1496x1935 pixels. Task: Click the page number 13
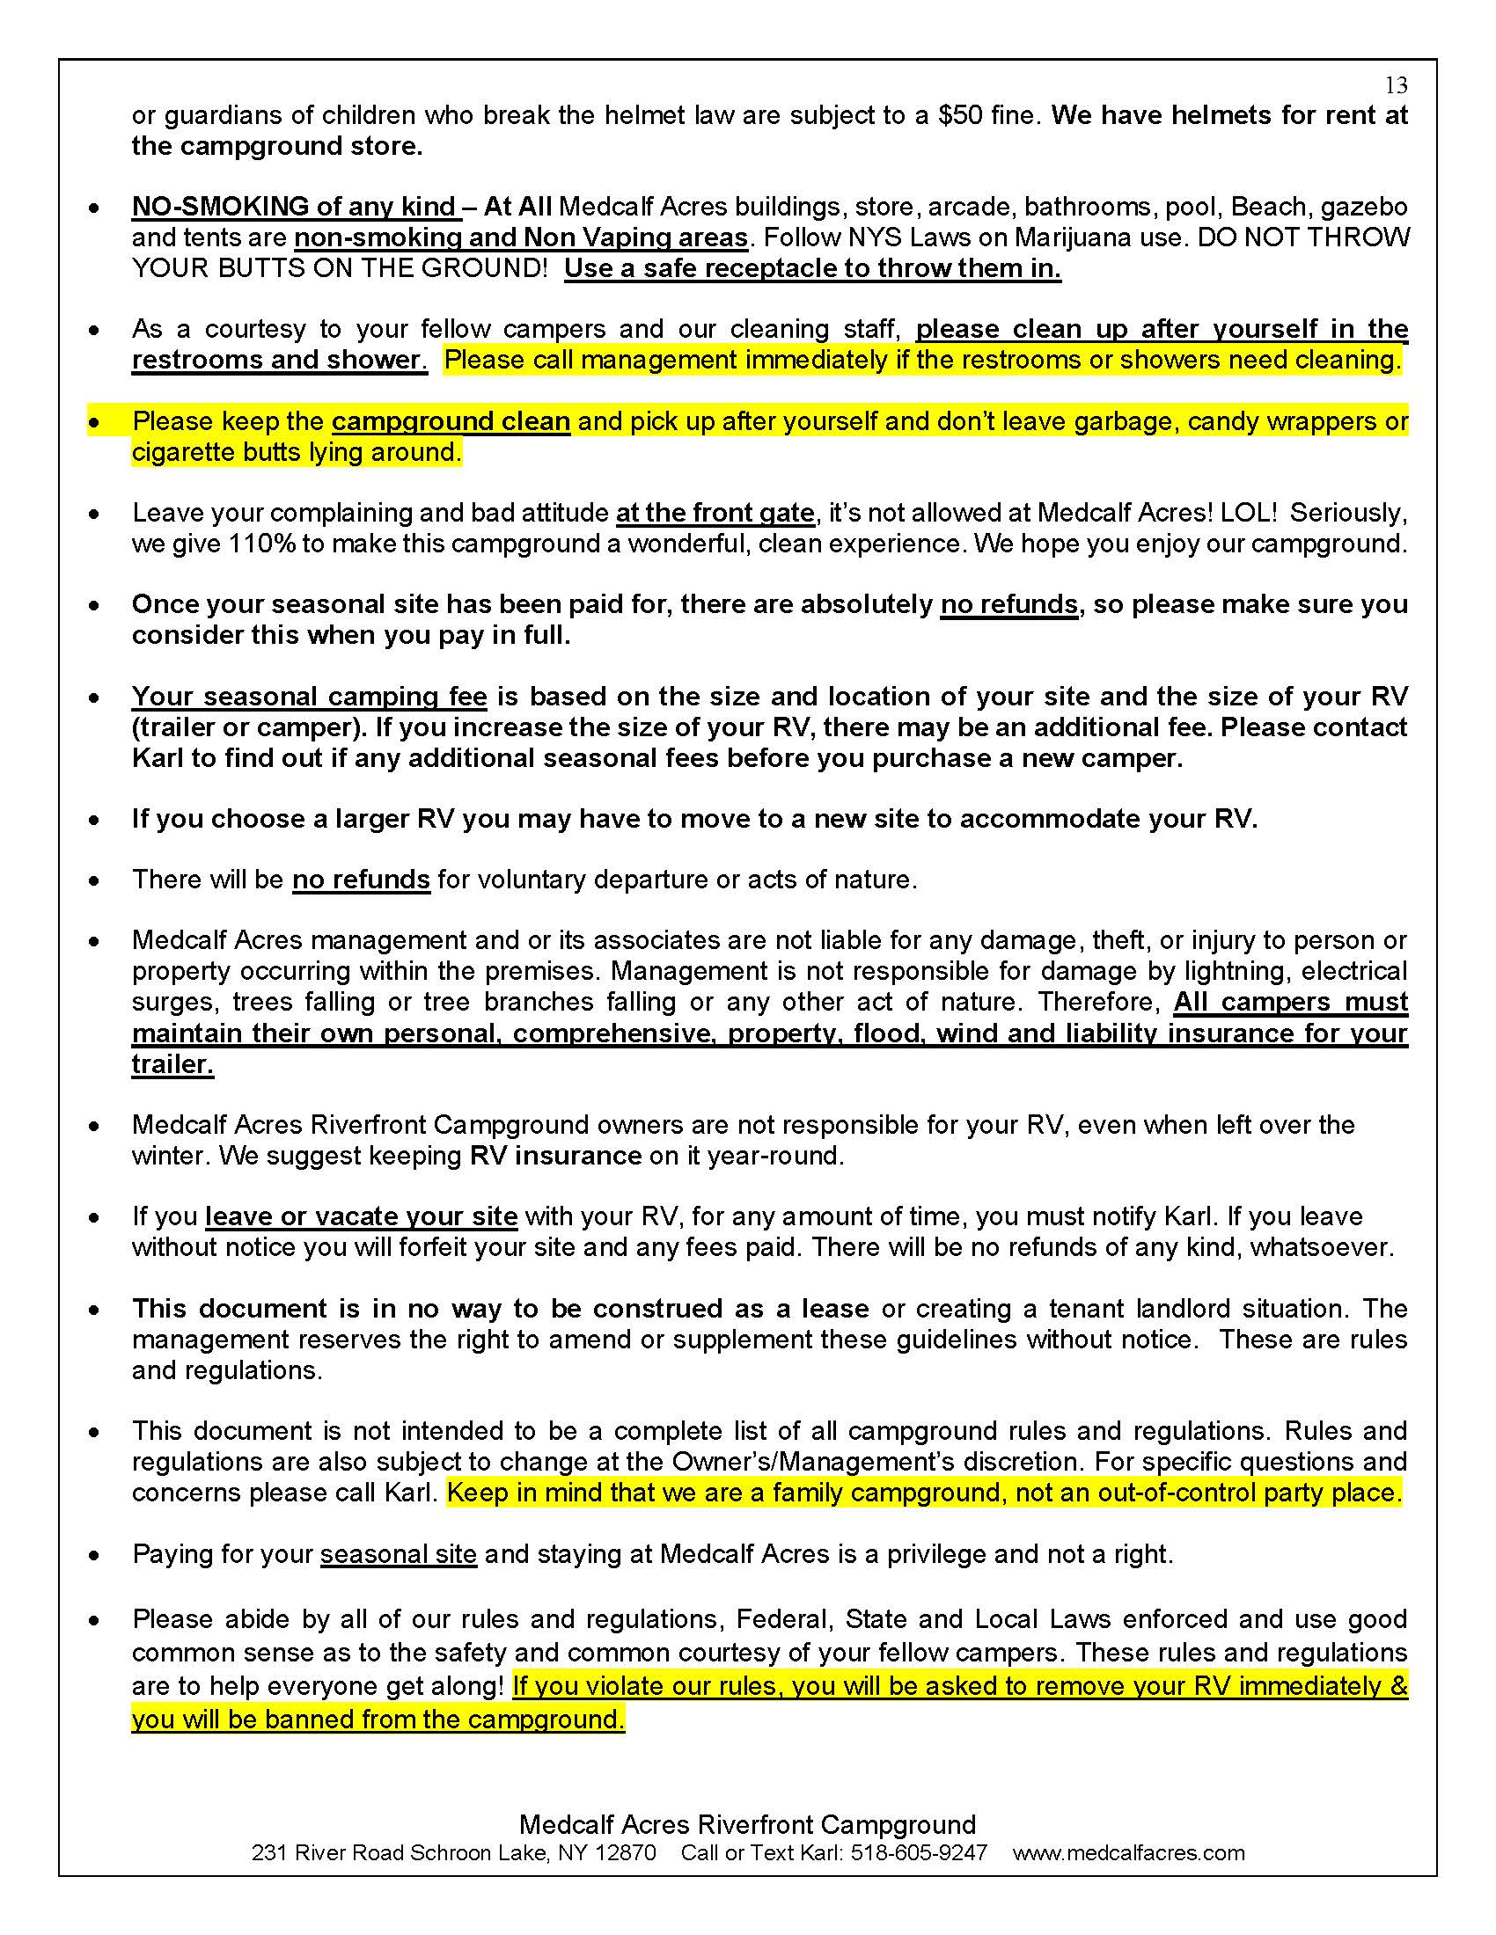1396,85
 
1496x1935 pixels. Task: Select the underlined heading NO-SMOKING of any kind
295,207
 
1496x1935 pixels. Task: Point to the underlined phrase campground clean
451,420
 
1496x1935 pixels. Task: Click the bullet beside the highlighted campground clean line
94,421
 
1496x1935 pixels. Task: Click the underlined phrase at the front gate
715,513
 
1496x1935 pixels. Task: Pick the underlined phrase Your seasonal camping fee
309,697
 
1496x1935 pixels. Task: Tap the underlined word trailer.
172,1064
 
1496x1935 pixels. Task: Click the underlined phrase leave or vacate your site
362,1216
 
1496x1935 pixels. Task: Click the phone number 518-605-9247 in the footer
919,1852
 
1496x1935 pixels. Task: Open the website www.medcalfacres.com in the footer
1128,1852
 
